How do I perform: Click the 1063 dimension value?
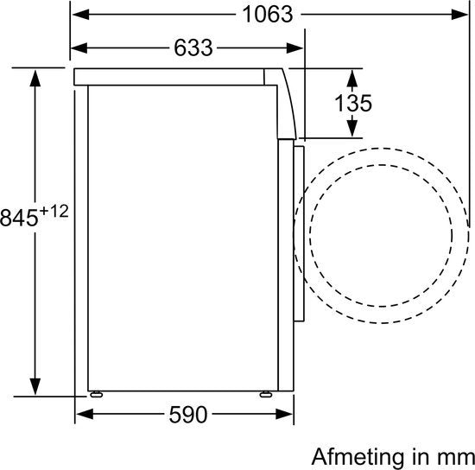pyautogui.click(x=268, y=14)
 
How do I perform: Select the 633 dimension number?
pyautogui.click(x=193, y=48)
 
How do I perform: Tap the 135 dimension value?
pyautogui.click(x=353, y=104)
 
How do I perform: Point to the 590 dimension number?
pyautogui.click(x=188, y=415)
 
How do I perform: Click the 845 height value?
pyautogui.click(x=19, y=218)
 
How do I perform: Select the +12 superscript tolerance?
pyautogui.click(x=54, y=211)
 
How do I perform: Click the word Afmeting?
pyautogui.click(x=358, y=457)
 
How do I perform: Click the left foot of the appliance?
pyautogui.click(x=97, y=394)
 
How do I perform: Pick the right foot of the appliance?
pyautogui.click(x=266, y=394)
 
